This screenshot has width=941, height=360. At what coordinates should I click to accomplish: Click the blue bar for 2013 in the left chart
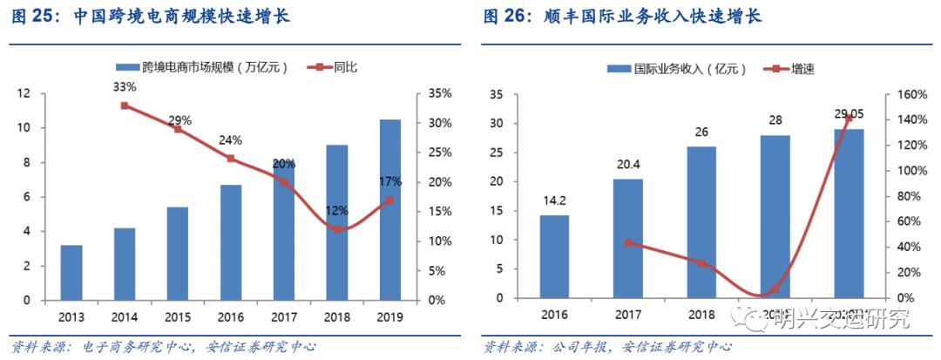click(72, 273)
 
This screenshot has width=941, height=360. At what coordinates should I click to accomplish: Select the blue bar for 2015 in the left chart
click(178, 254)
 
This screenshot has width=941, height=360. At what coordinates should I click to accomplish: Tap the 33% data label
click(125, 87)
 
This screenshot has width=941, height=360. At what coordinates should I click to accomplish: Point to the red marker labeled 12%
click(337, 229)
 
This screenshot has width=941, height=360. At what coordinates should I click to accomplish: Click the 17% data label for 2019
click(390, 181)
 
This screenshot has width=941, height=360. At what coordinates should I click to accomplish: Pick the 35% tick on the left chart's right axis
click(441, 93)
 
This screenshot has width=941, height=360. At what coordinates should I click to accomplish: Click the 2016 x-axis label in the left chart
click(231, 317)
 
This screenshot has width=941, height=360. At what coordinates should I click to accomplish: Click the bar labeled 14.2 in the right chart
click(554, 256)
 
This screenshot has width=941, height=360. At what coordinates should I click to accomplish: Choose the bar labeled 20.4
click(628, 238)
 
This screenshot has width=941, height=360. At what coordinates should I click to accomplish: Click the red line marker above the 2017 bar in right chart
click(628, 243)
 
